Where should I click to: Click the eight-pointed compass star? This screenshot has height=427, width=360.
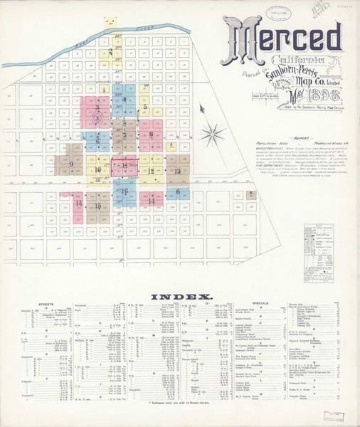coord(211,134)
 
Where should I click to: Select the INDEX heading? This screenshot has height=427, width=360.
coord(179,295)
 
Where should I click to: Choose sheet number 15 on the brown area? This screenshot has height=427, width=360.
coord(99,206)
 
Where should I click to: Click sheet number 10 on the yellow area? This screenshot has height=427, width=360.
coord(98,170)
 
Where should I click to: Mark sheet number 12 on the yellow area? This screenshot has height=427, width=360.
coord(151,171)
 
